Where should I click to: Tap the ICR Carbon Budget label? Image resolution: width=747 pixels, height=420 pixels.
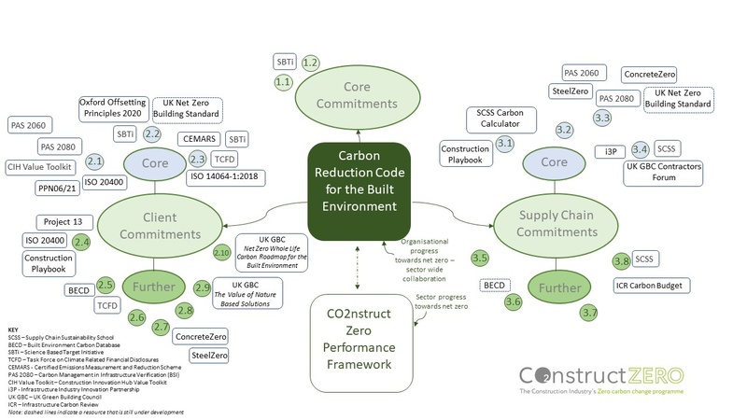click(x=654, y=284)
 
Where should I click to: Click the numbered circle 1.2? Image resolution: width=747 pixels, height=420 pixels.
click(x=312, y=62)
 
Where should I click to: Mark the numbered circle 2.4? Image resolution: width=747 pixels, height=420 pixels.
click(x=82, y=242)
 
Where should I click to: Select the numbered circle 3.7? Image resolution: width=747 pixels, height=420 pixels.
click(x=588, y=313)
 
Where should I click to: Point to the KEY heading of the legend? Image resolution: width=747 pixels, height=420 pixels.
click(x=13, y=329)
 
